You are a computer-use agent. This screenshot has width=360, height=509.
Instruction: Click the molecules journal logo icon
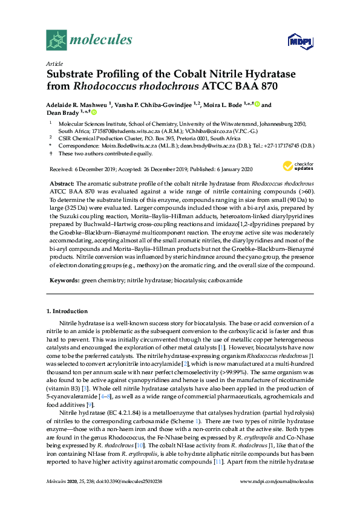(56, 40)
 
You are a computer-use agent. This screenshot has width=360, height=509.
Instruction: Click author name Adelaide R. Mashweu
(76, 104)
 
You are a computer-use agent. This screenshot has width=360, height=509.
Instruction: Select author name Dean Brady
(64, 112)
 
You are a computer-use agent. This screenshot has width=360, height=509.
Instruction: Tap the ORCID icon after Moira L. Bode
(257, 104)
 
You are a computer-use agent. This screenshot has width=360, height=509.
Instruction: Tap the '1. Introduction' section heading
(67, 311)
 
